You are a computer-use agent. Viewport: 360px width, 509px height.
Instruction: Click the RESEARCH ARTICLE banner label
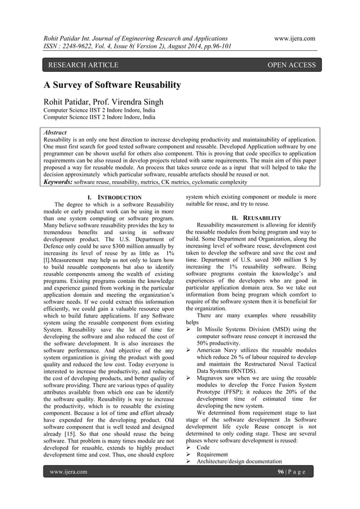[x=83, y=65]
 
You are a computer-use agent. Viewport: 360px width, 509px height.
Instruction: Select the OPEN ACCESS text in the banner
[x=291, y=65]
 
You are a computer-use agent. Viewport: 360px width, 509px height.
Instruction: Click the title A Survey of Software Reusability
[x=113, y=86]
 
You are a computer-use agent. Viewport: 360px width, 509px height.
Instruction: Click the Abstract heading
[x=55, y=133]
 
